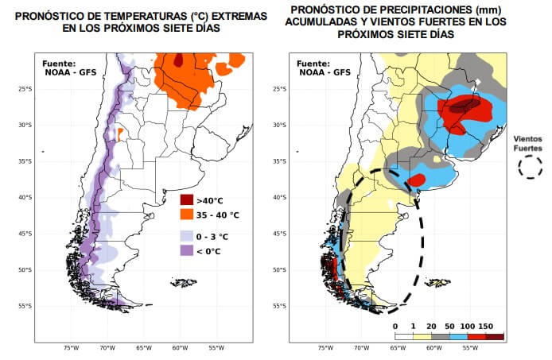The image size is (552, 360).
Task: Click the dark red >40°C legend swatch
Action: click(x=187, y=199)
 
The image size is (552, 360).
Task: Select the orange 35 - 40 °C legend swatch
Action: click(x=187, y=215)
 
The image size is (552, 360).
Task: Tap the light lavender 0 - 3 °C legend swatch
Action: click(x=187, y=236)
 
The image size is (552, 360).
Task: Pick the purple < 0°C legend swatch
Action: click(x=187, y=251)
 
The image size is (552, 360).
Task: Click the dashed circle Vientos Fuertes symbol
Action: click(x=529, y=166)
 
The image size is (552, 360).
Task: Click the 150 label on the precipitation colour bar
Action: click(x=487, y=326)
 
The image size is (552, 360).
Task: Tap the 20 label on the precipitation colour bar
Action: click(x=432, y=326)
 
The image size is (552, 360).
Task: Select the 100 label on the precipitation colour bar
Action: click(x=468, y=326)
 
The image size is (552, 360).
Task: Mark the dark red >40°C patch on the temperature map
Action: click(x=180, y=59)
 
